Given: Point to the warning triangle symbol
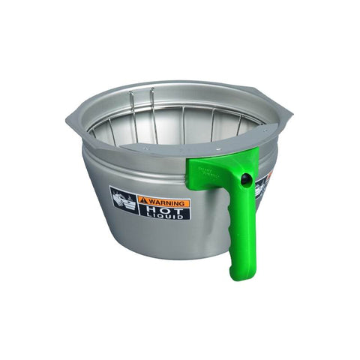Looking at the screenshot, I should click(142, 200).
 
